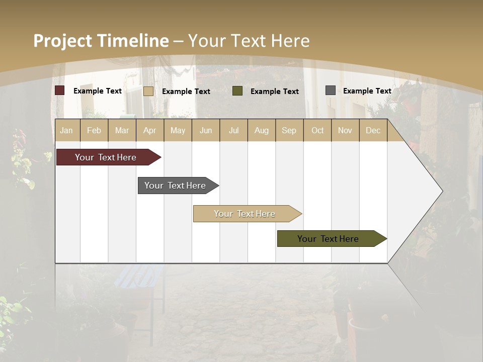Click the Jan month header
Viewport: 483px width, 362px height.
pos(66,130)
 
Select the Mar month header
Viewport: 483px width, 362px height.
pos(122,130)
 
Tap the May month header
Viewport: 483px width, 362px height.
pos(178,130)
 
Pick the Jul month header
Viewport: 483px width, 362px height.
pos(233,130)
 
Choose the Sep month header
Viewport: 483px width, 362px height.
pos(289,130)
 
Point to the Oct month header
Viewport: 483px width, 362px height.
pos(317,130)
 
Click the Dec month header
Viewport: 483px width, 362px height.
pos(373,130)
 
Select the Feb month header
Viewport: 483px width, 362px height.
pos(94,130)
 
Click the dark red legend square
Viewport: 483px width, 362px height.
pos(60,90)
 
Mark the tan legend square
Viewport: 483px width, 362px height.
pos(148,91)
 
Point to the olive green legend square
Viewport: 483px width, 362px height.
pos(237,91)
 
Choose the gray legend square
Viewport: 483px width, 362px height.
pos(331,90)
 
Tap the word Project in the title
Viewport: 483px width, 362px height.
pos(62,41)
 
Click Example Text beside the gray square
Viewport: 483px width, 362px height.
pos(367,90)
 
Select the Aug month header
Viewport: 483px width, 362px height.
pos(261,130)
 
